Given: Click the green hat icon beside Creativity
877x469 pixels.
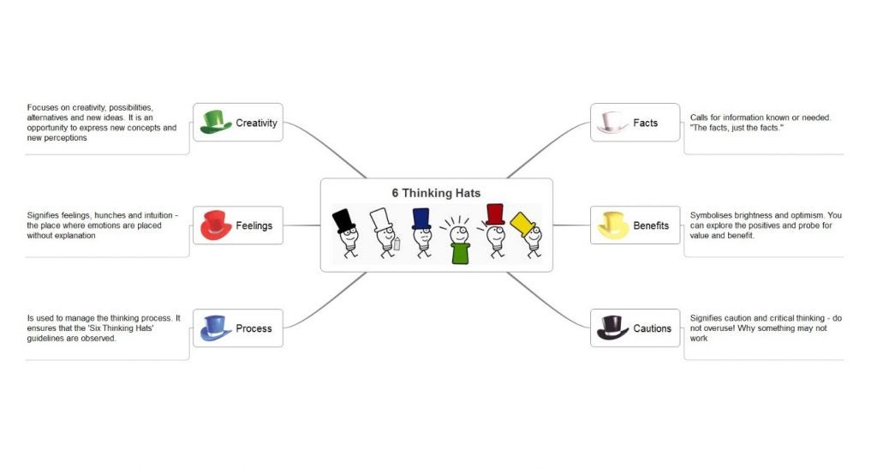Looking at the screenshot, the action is pyautogui.click(x=216, y=122).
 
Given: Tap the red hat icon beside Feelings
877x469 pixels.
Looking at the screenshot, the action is pyautogui.click(x=216, y=225).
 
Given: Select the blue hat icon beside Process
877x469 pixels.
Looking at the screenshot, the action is pyautogui.click(x=216, y=328).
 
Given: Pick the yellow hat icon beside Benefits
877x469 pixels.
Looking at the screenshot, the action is pyautogui.click(x=613, y=225).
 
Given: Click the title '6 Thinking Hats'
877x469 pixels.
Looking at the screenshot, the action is pyautogui.click(x=436, y=193).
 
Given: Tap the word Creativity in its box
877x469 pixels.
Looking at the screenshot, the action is pyautogui.click(x=256, y=123).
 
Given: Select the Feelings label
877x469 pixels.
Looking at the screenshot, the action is pyautogui.click(x=254, y=225).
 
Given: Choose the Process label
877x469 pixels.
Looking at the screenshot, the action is pyautogui.click(x=254, y=328).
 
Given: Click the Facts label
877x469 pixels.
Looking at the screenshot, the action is pyautogui.click(x=646, y=123).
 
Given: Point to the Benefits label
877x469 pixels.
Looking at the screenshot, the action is pyautogui.click(x=651, y=225).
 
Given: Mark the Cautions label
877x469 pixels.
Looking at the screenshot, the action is pyautogui.click(x=652, y=328).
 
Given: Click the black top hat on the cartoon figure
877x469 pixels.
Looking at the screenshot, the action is pyautogui.click(x=343, y=220).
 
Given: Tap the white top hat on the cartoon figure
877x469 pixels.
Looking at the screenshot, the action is pyautogui.click(x=381, y=220).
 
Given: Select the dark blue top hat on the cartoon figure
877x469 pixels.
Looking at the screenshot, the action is pyautogui.click(x=421, y=219).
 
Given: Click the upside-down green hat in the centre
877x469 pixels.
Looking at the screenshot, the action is pyautogui.click(x=460, y=253).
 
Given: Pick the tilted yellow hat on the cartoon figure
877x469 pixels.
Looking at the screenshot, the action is pyautogui.click(x=523, y=224).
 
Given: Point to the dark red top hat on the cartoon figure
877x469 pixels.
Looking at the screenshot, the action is pyautogui.click(x=495, y=214).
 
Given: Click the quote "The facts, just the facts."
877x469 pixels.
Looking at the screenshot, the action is pyautogui.click(x=736, y=128).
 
